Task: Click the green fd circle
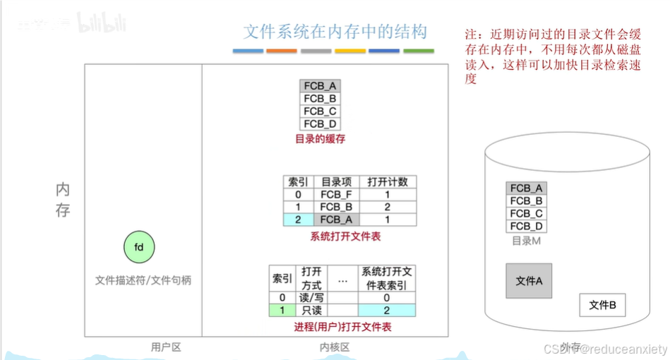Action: (x=139, y=247)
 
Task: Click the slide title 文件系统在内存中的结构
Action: (x=335, y=32)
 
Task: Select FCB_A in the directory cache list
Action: (x=320, y=86)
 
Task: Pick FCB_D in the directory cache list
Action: (x=320, y=124)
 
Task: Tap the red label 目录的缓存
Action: (x=320, y=139)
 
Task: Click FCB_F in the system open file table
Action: (x=336, y=194)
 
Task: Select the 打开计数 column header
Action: (x=388, y=181)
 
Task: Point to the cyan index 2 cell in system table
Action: (x=297, y=220)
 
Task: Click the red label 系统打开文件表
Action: (x=345, y=236)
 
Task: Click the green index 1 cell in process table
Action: (x=282, y=310)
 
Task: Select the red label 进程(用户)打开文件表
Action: (x=342, y=327)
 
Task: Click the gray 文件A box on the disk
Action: (x=529, y=281)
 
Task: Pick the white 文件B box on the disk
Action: (x=602, y=305)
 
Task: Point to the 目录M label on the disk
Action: (x=526, y=241)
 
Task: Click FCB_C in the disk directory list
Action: (x=526, y=213)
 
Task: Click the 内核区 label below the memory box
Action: (x=334, y=347)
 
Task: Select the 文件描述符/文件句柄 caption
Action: (x=143, y=280)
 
